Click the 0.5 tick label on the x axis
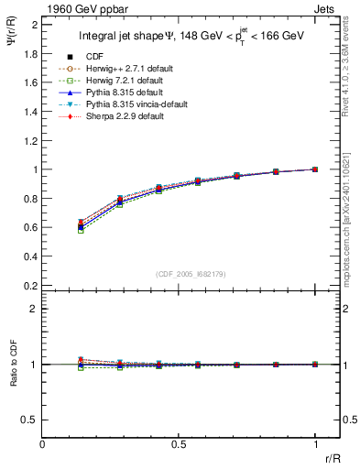click(x=179, y=443)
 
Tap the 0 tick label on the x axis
click(x=42, y=443)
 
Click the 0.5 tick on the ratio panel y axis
click(x=30, y=420)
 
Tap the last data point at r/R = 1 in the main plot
click(x=315, y=169)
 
